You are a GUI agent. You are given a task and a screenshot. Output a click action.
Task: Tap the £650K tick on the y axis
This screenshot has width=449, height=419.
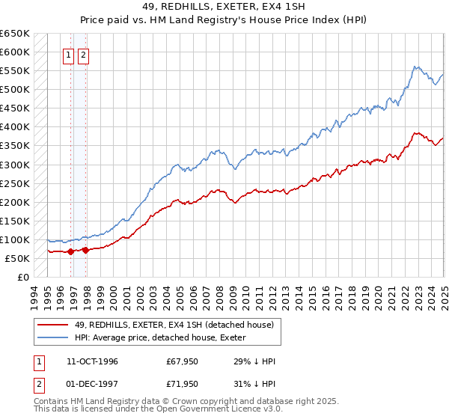[x=15, y=34]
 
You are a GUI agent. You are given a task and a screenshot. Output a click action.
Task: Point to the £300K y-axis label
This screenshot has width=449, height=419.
[x=15, y=165]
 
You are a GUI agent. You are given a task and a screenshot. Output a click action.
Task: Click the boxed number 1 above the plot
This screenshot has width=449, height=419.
[x=68, y=54]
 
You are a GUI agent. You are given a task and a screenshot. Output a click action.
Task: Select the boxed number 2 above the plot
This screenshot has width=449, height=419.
[x=82, y=54]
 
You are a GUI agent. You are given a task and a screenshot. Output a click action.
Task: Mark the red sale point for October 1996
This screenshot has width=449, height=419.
[x=71, y=251]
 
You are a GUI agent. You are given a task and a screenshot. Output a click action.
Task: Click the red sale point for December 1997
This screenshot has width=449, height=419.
[x=86, y=250]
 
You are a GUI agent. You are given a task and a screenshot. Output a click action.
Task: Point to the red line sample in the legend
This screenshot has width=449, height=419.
[x=52, y=325]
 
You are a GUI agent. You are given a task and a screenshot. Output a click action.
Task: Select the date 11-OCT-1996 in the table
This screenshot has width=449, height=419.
[x=92, y=361]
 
